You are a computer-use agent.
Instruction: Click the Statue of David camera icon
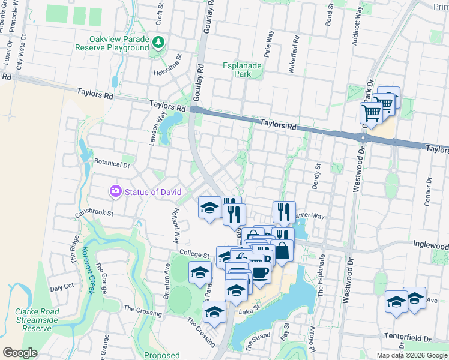pyautogui.click(x=115, y=191)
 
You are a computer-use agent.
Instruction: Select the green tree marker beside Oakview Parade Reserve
pyautogui.click(x=158, y=43)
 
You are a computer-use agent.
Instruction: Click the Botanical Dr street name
pyautogui.click(x=112, y=164)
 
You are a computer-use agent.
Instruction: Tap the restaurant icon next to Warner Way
pyautogui.click(x=283, y=212)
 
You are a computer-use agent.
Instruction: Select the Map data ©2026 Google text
pyautogui.click(x=412, y=355)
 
